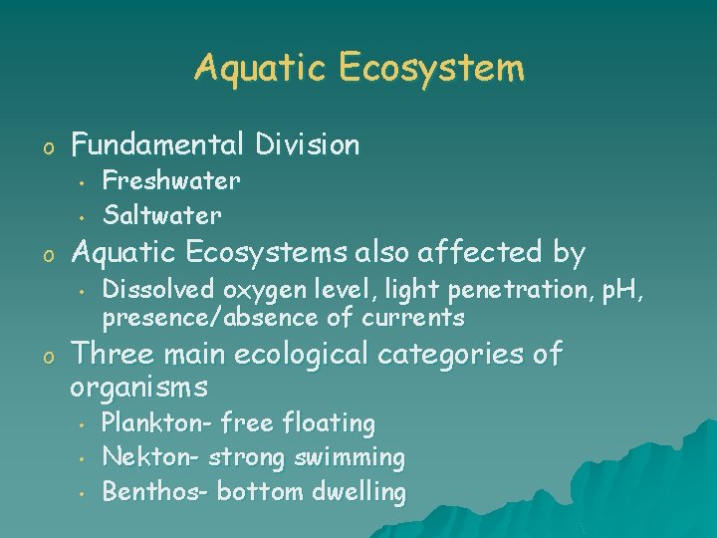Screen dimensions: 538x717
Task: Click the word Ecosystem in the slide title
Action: pyautogui.click(x=430, y=69)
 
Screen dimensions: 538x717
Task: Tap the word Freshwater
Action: pyautogui.click(x=171, y=181)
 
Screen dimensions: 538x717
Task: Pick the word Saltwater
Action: pyautogui.click(x=162, y=214)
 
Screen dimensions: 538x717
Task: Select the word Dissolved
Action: pyautogui.click(x=159, y=290)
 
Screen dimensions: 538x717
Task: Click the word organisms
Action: pyautogui.click(x=139, y=386)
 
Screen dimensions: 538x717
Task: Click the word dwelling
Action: pyautogui.click(x=359, y=492)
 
